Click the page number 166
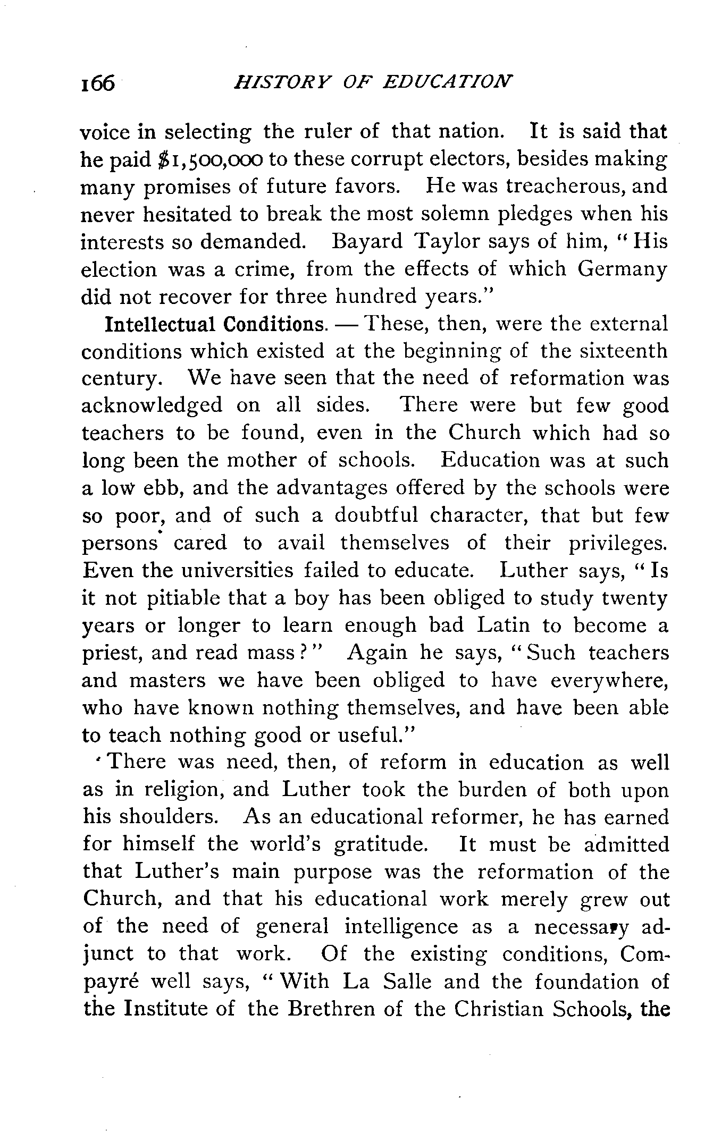click(98, 83)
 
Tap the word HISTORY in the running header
click(276, 82)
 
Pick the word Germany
click(622, 269)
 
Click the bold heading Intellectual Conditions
click(215, 324)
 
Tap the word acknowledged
click(152, 406)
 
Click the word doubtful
click(375, 515)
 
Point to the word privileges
click(618, 543)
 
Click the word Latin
click(503, 625)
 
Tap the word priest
click(112, 654)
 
